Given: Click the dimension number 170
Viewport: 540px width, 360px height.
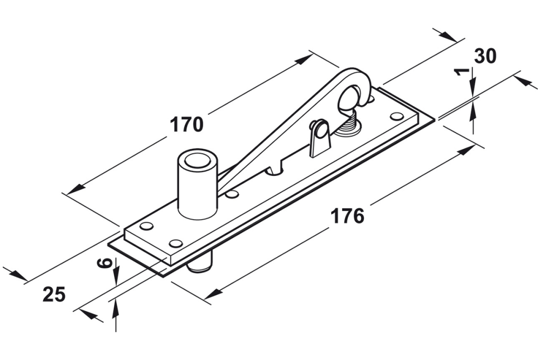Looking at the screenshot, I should click(187, 124).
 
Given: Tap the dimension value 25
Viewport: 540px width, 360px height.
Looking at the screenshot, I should click(54, 294).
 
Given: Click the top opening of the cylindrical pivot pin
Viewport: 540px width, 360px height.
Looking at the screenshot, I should click(198, 160).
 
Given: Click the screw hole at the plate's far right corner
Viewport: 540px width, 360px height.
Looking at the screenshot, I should click(397, 116).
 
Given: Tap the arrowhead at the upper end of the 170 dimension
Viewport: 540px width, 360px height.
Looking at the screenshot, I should click(306, 58).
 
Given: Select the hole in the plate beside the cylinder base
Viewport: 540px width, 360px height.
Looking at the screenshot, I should click(232, 194).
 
